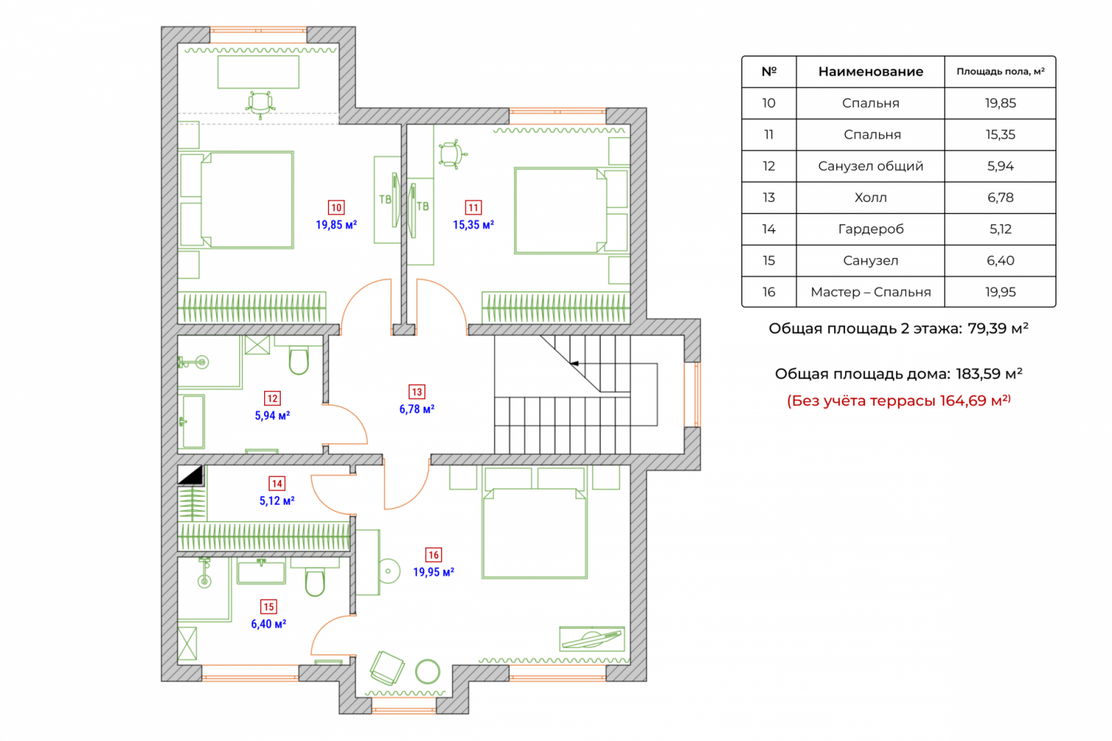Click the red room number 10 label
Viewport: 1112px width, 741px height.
coord(336,207)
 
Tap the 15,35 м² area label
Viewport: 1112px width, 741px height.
coord(474,225)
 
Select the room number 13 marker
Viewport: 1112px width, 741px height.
coord(417,392)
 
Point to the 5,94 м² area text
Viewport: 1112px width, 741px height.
coord(272,416)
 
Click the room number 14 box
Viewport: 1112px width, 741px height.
coord(277,484)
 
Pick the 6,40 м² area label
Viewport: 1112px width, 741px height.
coord(268,624)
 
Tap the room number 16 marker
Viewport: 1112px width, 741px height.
coord(433,555)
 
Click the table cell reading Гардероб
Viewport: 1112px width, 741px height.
coord(871,229)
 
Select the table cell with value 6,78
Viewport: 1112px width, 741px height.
coord(1000,198)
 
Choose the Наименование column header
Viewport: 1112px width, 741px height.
coord(871,71)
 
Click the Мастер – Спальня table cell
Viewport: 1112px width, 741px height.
coord(871,292)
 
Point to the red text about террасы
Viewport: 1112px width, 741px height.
coord(898,401)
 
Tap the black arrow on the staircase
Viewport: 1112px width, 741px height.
coord(574,363)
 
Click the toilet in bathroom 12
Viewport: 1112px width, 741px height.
coord(299,360)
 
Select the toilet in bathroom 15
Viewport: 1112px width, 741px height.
coord(315,582)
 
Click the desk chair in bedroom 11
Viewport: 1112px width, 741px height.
coord(451,153)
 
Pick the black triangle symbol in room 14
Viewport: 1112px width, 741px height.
coord(191,475)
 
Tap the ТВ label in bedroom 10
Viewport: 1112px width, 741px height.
coord(385,200)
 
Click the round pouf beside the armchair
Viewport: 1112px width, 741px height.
coord(428,671)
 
